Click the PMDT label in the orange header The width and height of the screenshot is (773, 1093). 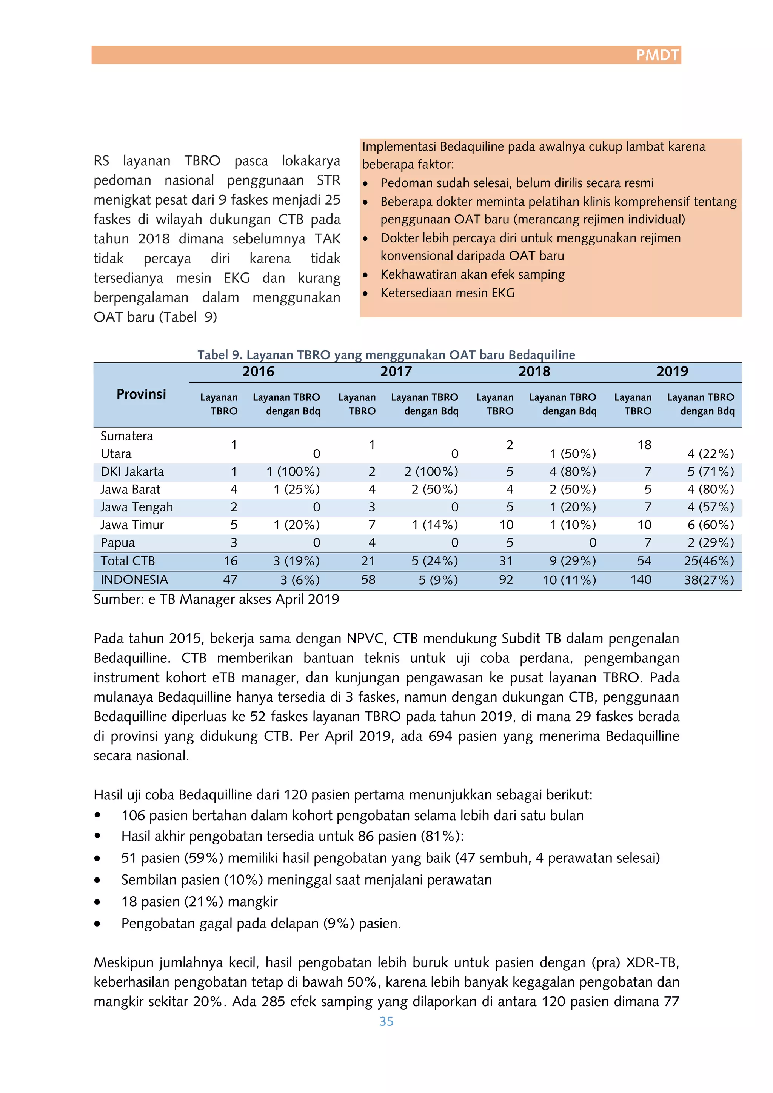[658, 55]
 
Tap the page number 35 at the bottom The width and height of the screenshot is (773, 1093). [386, 1021]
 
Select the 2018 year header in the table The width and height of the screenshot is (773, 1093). [534, 371]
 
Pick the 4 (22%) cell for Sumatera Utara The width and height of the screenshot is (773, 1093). [710, 454]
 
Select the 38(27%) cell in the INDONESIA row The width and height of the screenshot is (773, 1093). [709, 580]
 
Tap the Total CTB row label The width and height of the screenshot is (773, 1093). [128, 561]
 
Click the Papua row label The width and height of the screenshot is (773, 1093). [117, 543]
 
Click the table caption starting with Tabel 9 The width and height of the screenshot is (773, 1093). [386, 355]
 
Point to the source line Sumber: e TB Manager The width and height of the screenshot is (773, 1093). [216, 599]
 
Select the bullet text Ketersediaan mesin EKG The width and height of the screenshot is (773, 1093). [447, 293]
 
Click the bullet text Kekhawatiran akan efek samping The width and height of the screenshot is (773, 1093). [472, 275]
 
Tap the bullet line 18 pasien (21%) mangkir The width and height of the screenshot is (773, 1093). [199, 902]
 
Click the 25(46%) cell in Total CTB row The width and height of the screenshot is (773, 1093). [709, 561]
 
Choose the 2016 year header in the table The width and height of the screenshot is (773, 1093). [258, 371]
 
